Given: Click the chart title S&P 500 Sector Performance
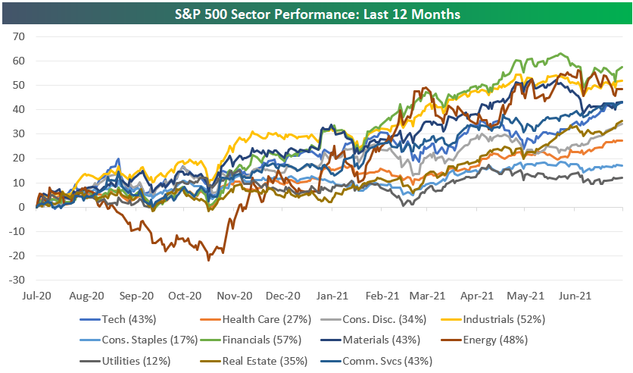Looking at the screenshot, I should [x=316, y=14].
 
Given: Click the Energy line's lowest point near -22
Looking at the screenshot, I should [x=209, y=260].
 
